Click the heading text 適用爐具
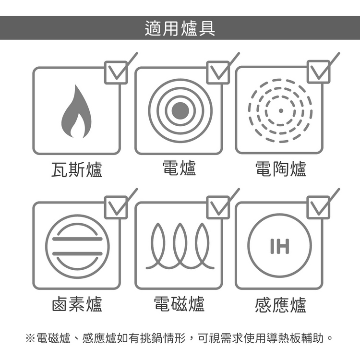coord(180,28)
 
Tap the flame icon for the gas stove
coord(76,111)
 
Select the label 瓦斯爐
coord(77,169)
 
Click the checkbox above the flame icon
coord(116,72)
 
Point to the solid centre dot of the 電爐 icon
coord(180,111)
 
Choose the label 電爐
coord(180,168)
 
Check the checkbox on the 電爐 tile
coord(218,72)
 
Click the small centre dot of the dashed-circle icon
coord(281,111)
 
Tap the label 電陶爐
coord(281,169)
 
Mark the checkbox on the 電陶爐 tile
coord(319,72)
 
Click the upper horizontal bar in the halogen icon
coord(77,239)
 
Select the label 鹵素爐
coord(77,304)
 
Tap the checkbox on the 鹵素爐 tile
coord(116,207)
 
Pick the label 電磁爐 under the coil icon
coord(179,304)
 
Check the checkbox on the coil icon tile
coord(218,207)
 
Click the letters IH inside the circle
coord(280,246)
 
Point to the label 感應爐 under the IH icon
coord(281,305)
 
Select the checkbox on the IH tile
coord(319,207)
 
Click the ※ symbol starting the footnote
coord(30,338)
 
